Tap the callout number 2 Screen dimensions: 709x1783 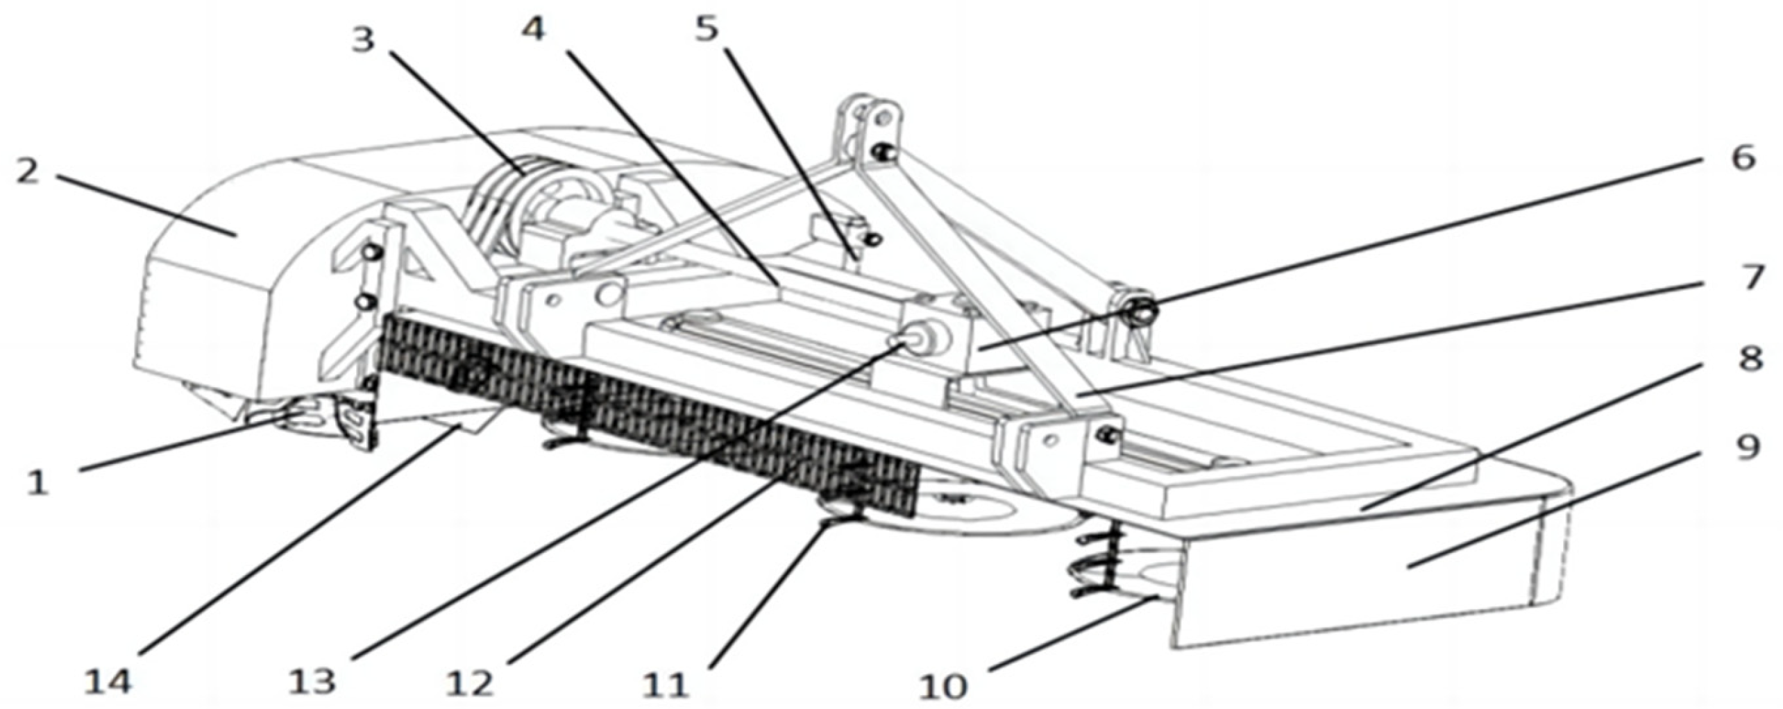(x=28, y=171)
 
